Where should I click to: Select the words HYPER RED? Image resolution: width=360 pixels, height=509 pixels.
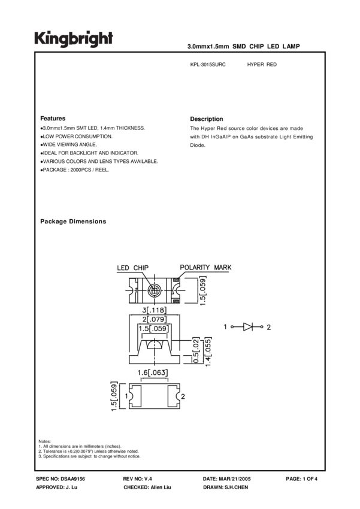(x=262, y=64)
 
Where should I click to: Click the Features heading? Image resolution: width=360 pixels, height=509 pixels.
(x=53, y=119)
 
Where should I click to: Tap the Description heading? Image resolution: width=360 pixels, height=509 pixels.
(x=206, y=119)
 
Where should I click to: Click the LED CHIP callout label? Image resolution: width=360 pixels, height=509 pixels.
(x=132, y=268)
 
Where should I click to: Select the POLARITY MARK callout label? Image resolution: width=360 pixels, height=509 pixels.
(x=205, y=267)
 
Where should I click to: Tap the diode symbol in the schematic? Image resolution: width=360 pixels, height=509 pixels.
(x=247, y=327)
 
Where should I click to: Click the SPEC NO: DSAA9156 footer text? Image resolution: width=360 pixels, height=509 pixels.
(x=60, y=480)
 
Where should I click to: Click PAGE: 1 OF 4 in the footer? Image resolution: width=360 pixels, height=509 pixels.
(x=302, y=480)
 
